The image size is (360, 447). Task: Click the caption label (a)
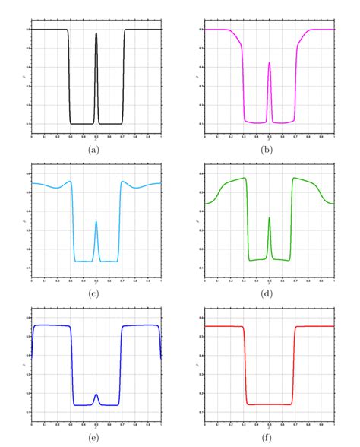[96, 150]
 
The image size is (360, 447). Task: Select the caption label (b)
[269, 150]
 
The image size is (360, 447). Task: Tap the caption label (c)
[96, 293]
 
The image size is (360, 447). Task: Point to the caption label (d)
[269, 293]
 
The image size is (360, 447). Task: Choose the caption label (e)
[96, 438]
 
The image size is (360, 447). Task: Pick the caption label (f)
[269, 438]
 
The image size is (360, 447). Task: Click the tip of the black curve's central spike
[96, 33]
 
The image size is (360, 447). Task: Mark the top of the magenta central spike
[270, 63]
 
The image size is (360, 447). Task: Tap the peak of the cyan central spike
[96, 222]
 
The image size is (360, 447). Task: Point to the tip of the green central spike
[270, 218]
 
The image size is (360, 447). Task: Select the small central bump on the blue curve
[96, 395]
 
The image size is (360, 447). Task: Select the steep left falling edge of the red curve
[245, 365]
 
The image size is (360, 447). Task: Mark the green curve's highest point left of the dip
[245, 178]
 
